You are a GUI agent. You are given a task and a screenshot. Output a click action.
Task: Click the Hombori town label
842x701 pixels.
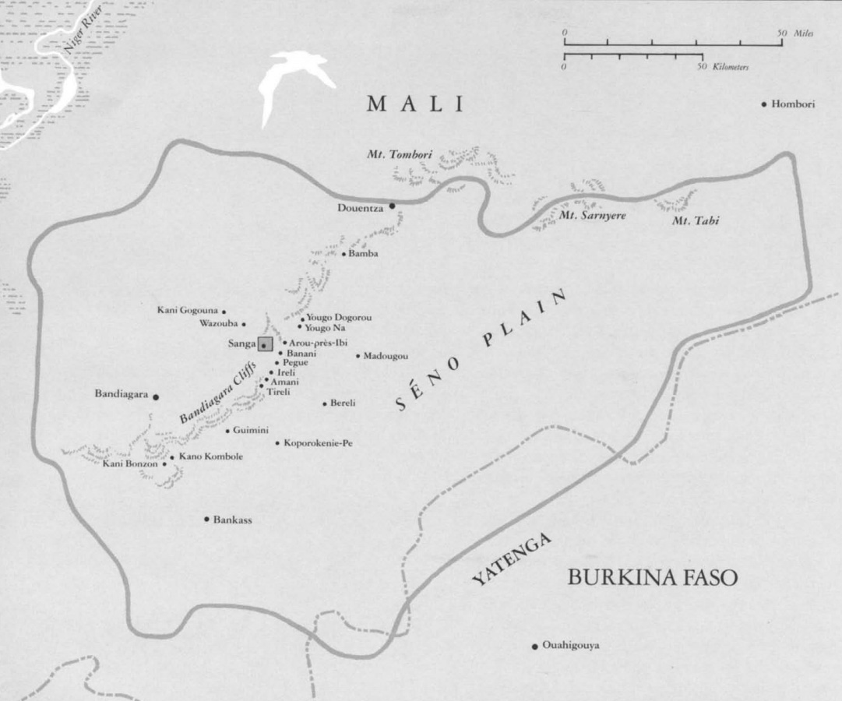click(793, 104)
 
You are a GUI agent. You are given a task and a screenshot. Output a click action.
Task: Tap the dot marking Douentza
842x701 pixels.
click(392, 206)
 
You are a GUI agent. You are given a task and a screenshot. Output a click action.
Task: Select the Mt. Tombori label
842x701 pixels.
click(400, 155)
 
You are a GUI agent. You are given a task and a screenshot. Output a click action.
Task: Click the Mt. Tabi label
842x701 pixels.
click(695, 221)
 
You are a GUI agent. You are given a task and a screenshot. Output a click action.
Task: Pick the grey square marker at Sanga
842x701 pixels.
click(266, 344)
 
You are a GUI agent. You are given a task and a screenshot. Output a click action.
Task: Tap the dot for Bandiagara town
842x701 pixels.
click(156, 396)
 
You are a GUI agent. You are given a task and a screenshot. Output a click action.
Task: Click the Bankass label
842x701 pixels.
click(234, 520)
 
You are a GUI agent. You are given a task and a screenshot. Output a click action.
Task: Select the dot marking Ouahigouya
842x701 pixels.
click(534, 646)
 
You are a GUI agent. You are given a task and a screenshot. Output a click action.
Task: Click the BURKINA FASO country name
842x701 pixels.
click(652, 579)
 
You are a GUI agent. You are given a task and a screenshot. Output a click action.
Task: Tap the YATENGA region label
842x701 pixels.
click(512, 560)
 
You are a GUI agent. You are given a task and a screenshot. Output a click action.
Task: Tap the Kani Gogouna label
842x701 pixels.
click(188, 311)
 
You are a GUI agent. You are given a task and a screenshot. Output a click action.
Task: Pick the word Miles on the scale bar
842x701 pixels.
click(805, 34)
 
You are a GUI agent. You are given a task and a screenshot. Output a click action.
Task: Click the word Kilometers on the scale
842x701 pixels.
click(733, 68)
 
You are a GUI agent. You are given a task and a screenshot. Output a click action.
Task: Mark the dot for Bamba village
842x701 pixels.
click(343, 254)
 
